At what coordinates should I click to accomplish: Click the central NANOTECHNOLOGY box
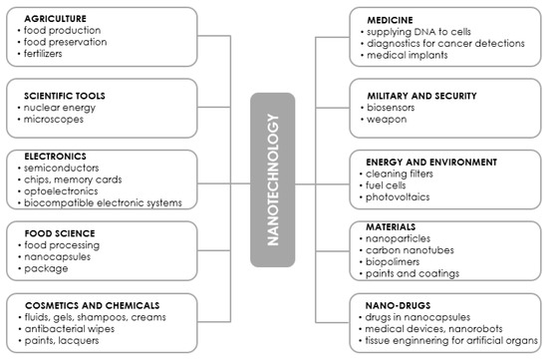[x=273, y=180]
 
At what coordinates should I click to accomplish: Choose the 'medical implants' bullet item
[x=410, y=54]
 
